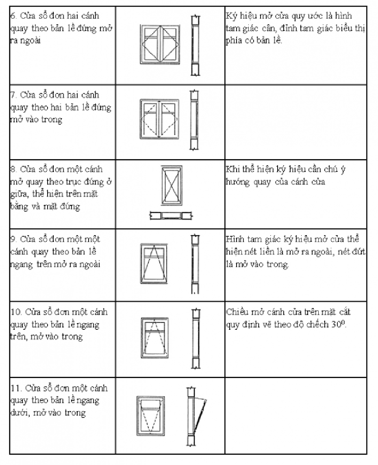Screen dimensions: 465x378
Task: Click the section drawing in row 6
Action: click(195, 46)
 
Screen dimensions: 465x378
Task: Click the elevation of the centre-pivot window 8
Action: click(172, 185)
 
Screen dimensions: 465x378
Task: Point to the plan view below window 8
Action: click(171, 216)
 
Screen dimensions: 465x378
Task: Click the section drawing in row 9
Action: click(195, 264)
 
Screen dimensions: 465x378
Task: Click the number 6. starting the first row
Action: click(13, 17)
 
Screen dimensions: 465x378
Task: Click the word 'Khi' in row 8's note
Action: click(232, 169)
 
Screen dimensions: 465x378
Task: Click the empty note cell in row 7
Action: click(295, 122)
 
